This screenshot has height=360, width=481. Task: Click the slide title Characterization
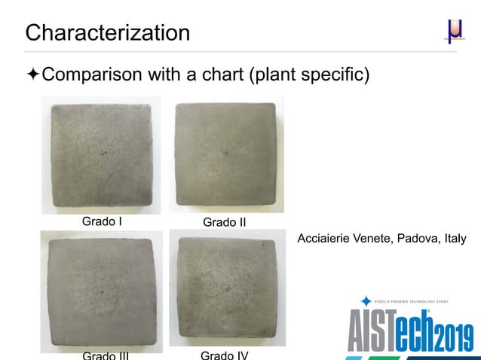click(108, 33)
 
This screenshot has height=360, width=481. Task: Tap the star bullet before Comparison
click(32, 75)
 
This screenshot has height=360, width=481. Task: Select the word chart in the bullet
click(223, 75)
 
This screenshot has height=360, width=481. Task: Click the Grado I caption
click(102, 221)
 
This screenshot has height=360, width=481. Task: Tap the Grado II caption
click(225, 223)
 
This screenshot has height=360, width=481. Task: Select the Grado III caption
click(105, 354)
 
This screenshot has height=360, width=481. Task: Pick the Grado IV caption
click(225, 354)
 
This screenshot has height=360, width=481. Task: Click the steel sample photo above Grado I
click(100, 155)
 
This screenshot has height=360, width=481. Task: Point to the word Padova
click(417, 239)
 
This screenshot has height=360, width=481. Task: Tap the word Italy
click(455, 239)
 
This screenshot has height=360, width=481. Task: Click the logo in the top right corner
click(453, 32)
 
